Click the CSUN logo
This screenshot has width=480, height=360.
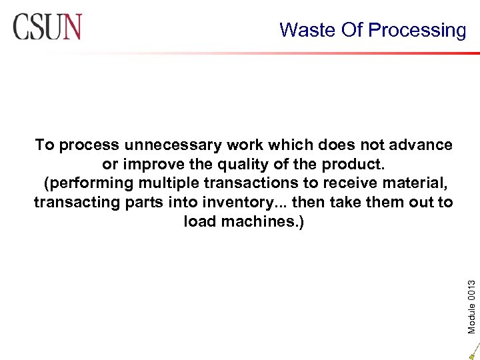pos(47,28)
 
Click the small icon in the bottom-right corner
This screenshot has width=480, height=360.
pos(473,351)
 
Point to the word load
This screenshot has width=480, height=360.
pos(198,221)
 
